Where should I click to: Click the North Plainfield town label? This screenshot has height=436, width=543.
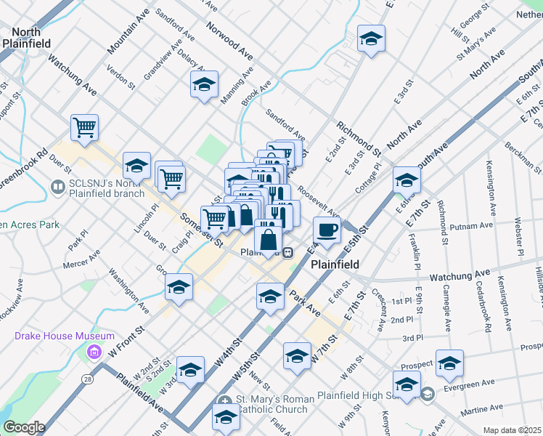pos(26,38)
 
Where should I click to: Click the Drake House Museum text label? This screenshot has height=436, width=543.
pos(65,336)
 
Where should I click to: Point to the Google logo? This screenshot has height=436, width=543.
pos(23,427)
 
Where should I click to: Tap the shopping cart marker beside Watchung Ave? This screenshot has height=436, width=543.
pos(85,128)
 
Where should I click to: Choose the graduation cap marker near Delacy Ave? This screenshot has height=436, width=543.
pos(204,85)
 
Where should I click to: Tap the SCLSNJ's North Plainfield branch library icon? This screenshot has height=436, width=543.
pos(57,187)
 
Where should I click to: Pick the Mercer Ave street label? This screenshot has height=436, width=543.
pos(81,261)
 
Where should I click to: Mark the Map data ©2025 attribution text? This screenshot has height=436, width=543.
pos(512,430)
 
